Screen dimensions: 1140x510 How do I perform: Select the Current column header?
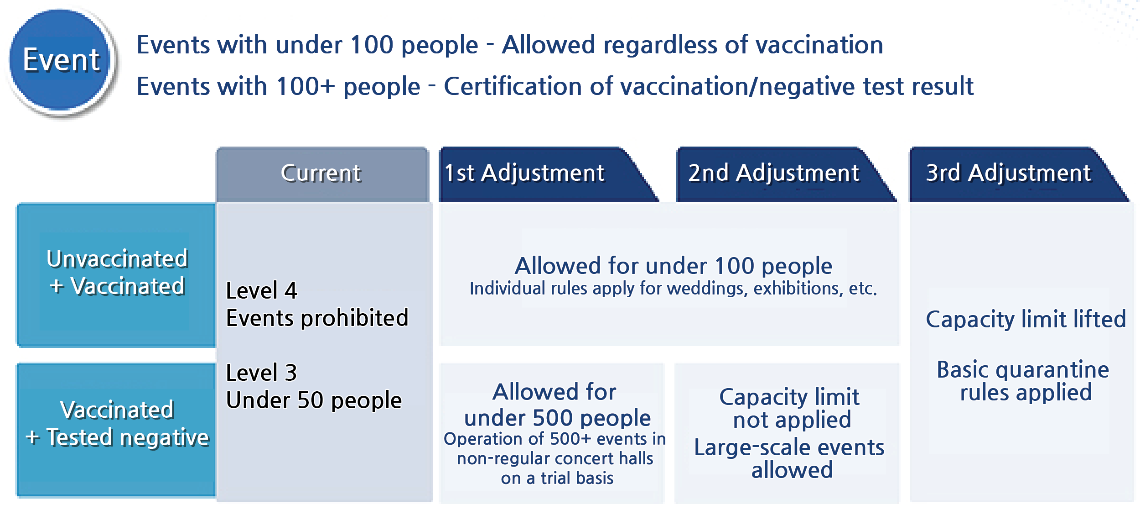322,174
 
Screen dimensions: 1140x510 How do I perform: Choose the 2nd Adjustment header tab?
785,174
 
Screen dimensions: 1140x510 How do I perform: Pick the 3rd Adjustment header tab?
1018,174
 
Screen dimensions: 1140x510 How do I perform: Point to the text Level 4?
262,291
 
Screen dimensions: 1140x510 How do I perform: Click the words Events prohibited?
317,318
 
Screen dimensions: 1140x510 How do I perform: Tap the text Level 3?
262,373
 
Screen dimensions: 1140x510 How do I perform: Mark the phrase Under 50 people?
314,400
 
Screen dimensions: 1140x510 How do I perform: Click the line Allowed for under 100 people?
674,266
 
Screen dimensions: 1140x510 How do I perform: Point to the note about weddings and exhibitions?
674,289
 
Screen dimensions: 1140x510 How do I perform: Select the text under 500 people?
557,418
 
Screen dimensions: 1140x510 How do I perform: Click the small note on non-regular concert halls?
555,458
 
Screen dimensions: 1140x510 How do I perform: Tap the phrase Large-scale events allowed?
789,458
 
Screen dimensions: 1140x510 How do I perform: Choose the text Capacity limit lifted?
1026,319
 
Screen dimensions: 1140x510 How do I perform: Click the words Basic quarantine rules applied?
1023,381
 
